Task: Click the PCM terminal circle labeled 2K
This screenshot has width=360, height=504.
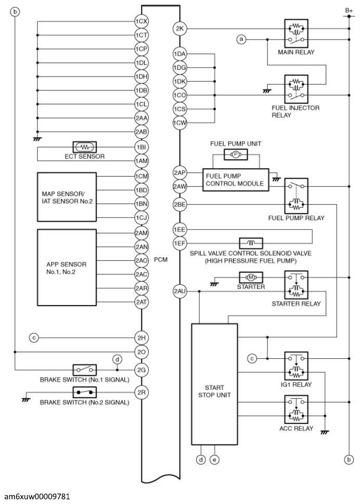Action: click(180, 28)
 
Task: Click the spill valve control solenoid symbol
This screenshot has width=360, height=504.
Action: click(250, 243)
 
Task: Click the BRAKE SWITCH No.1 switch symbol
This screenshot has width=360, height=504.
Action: click(85, 370)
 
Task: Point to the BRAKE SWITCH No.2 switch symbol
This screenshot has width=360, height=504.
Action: click(85, 392)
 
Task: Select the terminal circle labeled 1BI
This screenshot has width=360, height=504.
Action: click(142, 147)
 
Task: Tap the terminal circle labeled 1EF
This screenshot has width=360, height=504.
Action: click(180, 243)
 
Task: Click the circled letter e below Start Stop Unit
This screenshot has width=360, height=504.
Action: click(214, 460)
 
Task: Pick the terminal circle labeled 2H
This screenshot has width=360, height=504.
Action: click(142, 338)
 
